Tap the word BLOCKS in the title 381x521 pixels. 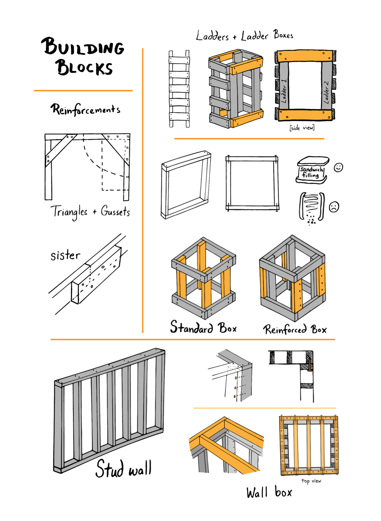(84, 67)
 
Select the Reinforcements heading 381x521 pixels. (85, 110)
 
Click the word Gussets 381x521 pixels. (115, 211)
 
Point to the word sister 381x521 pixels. (65, 255)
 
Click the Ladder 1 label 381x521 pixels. (284, 91)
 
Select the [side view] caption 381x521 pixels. (302, 128)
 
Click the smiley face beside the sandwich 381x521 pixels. (338, 167)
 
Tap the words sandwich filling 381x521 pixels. (311, 172)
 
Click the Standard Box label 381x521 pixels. (203, 328)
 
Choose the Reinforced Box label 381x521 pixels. (295, 329)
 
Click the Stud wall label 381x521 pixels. (124, 469)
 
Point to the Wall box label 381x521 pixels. (269, 493)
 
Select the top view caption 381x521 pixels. (311, 481)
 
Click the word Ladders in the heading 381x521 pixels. (212, 36)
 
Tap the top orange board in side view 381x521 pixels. (305, 56)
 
